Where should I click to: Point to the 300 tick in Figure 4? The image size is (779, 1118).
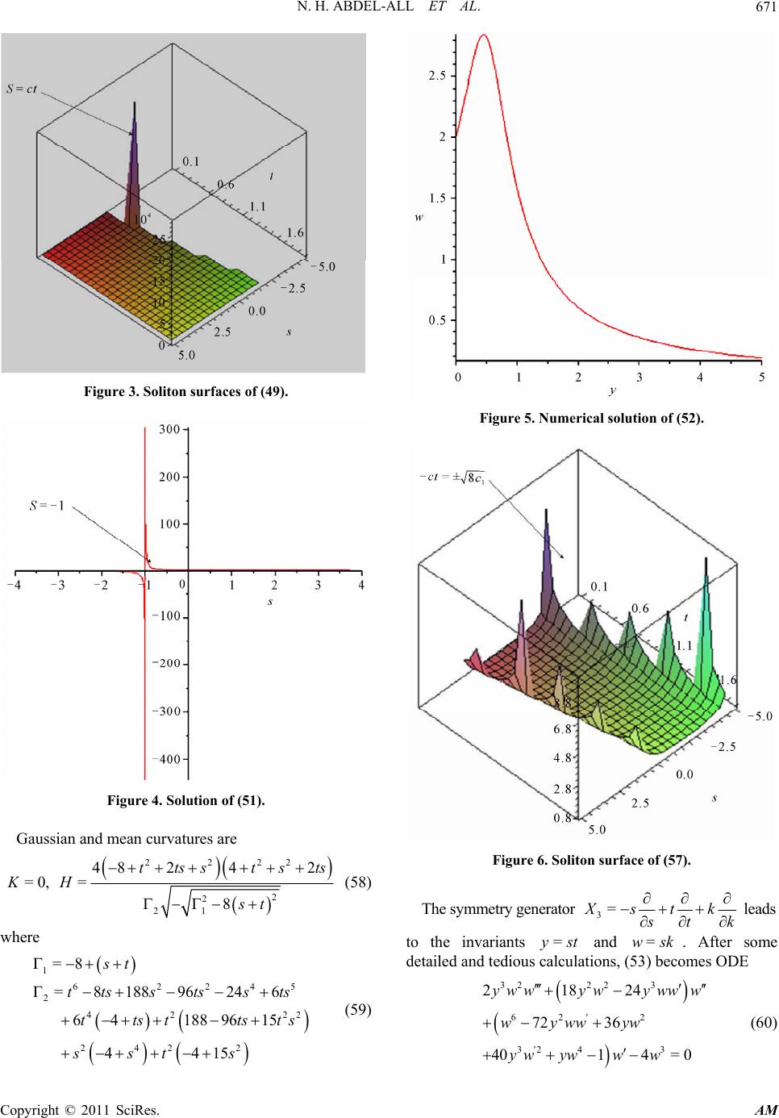(x=168, y=430)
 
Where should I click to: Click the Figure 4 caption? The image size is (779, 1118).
(x=185, y=801)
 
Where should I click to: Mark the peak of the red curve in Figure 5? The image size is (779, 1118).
(x=483, y=35)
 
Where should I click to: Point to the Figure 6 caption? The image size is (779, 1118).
(x=591, y=860)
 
